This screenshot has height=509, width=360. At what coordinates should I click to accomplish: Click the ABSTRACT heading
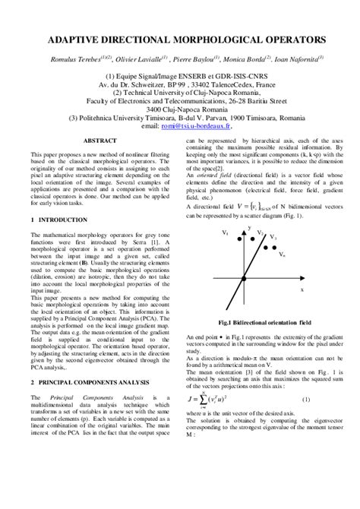[99, 141]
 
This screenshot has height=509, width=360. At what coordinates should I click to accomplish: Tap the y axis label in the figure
[251, 220]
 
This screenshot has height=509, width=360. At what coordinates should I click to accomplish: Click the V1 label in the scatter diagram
[226, 232]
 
